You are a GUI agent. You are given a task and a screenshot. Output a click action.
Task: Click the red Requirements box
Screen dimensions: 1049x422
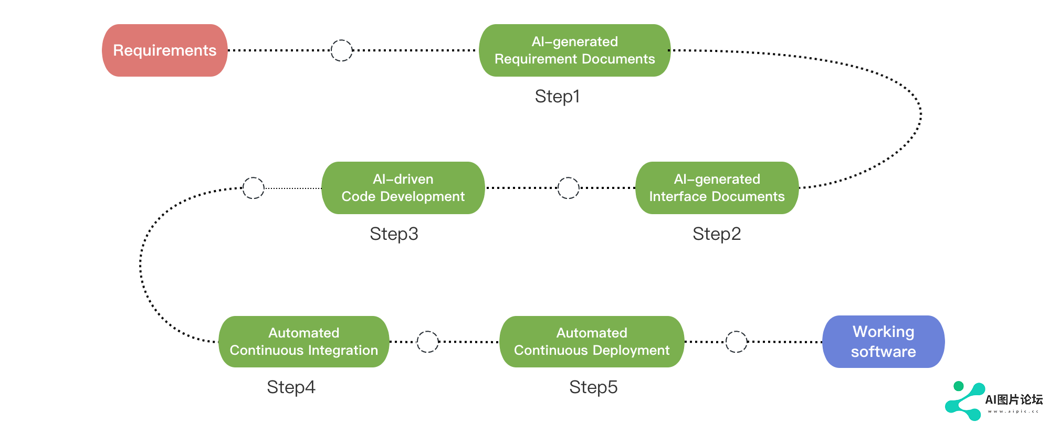[x=165, y=50]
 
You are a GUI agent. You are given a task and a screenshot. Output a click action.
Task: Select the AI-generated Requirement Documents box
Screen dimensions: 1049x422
[x=575, y=50]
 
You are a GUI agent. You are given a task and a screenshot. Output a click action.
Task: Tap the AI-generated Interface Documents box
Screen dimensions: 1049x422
[x=717, y=188]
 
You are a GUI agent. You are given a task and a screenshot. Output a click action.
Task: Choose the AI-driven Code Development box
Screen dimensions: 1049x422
[x=403, y=188]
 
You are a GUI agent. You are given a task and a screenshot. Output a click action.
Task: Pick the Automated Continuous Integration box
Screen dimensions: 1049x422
[x=304, y=342]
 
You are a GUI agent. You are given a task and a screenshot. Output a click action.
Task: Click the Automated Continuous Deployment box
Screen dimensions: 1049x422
[x=592, y=342]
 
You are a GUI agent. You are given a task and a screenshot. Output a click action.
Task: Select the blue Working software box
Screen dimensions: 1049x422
[x=884, y=342]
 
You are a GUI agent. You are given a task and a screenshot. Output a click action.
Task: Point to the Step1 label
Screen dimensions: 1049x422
[x=558, y=97]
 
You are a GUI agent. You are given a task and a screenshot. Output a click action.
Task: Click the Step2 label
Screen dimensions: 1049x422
[x=717, y=234]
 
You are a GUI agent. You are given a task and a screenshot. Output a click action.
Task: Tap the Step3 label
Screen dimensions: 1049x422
[x=394, y=234]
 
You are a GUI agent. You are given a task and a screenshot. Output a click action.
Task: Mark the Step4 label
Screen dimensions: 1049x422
[x=291, y=387]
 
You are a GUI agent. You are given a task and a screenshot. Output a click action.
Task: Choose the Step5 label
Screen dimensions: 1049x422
[x=593, y=387]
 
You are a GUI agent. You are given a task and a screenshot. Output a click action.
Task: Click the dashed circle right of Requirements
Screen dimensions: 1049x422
[x=342, y=40]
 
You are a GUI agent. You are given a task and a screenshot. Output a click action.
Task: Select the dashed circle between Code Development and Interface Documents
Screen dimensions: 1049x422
[x=568, y=177]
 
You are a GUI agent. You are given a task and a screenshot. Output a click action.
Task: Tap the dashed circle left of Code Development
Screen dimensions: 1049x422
[x=254, y=177]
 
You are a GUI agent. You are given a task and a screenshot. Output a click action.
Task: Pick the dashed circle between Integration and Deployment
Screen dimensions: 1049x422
[x=427, y=331]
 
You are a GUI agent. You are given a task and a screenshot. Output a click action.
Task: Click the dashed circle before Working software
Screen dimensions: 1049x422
[x=736, y=331]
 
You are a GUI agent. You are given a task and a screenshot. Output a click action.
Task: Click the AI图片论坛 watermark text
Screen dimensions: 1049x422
[x=1014, y=400]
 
